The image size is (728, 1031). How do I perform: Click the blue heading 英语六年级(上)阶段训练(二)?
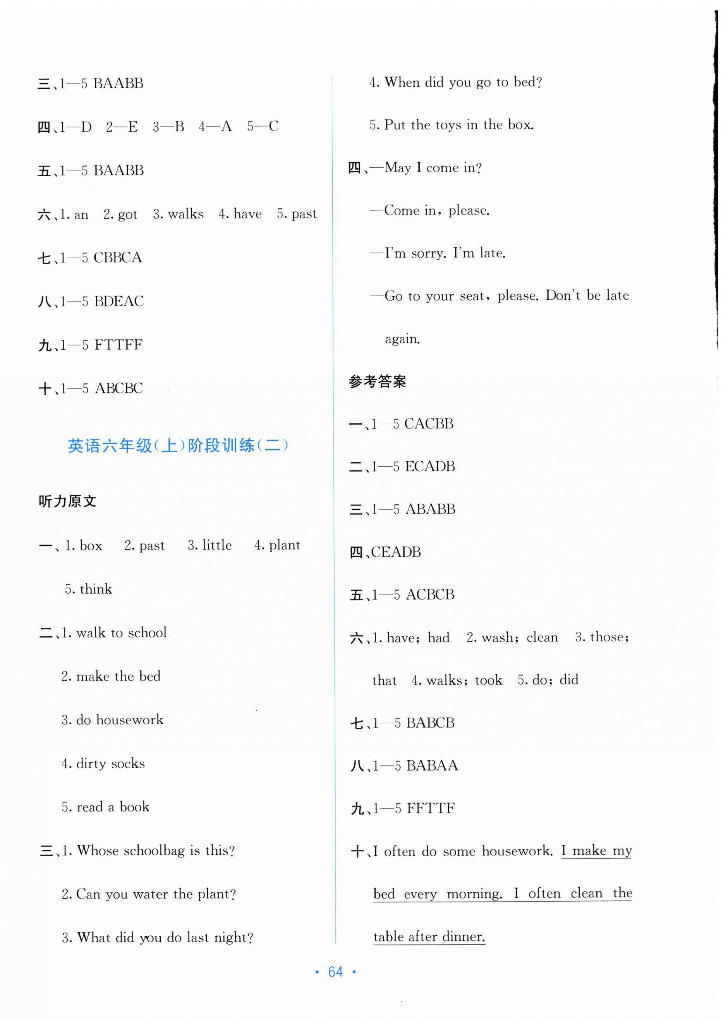pos(178,445)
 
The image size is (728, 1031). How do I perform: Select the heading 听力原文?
pos(67,501)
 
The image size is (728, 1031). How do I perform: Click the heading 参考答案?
pos(378,381)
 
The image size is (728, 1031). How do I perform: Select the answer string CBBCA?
pos(118,258)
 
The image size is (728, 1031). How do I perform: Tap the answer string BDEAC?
pos(119,301)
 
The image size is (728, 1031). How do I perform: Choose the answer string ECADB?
pos(429,467)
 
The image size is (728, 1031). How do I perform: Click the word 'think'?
pos(96,589)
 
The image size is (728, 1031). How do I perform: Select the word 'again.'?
pos(402,339)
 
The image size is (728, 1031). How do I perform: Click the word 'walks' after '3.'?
pos(185,214)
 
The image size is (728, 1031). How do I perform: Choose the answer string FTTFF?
pos(118,345)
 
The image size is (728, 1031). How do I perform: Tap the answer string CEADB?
pos(396,552)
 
